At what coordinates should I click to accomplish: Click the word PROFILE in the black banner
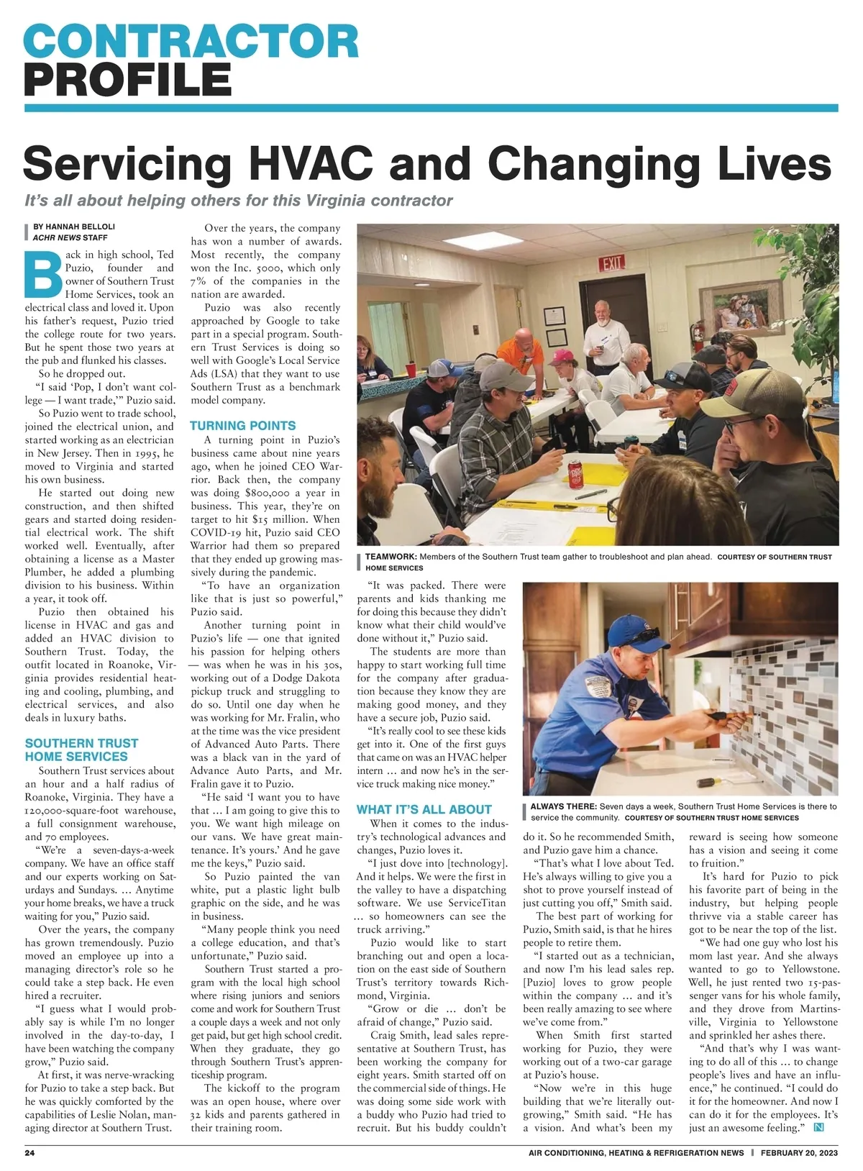127,79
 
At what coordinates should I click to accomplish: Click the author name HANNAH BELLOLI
74,227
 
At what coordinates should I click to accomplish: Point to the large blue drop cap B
43,274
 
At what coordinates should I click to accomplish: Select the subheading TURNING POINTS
242,426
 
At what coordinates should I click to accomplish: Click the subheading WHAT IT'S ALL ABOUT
424,809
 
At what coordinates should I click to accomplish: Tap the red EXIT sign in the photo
612,263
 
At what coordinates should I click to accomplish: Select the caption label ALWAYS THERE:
563,806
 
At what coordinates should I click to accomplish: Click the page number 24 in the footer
30,1153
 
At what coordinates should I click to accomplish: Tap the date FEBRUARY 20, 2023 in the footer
799,1153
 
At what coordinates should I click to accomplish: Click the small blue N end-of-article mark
817,1127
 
